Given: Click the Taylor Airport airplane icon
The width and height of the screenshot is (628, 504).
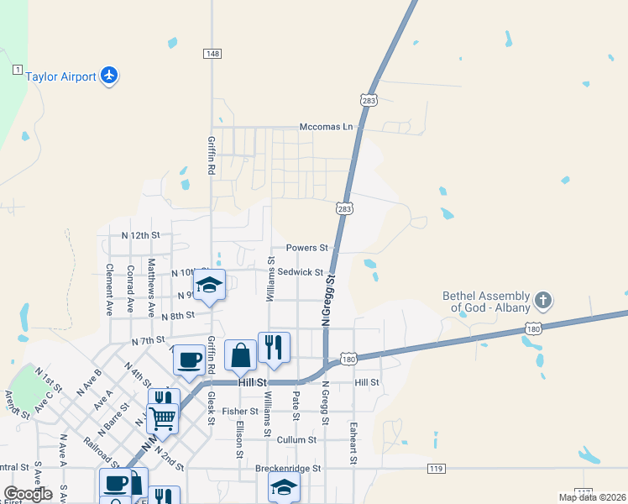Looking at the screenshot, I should point(108,76).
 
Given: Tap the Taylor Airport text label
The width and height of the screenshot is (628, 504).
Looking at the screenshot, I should point(61,76).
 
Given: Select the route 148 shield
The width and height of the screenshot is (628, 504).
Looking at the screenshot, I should point(212,54).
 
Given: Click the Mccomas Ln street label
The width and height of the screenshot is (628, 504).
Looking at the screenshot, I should point(327,127).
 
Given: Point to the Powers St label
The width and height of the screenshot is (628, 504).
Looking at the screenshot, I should point(306,248).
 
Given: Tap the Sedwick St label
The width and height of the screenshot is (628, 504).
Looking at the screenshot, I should point(301,272).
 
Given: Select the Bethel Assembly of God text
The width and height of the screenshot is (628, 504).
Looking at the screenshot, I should point(490,302).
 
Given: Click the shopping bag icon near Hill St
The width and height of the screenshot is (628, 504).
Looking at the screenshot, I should point(240,354).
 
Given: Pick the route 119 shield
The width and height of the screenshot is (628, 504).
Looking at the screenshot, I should point(435,468).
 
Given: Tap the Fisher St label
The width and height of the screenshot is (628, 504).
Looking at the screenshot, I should point(240,412).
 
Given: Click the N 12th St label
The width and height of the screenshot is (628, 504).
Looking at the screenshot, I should point(140,235).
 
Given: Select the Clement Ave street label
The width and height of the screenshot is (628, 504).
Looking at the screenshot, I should point(109,290).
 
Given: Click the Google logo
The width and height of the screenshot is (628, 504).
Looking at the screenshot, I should point(28,494).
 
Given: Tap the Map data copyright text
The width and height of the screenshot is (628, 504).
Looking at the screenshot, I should point(592,497).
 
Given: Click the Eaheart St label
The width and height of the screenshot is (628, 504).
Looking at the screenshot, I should point(353,444).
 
